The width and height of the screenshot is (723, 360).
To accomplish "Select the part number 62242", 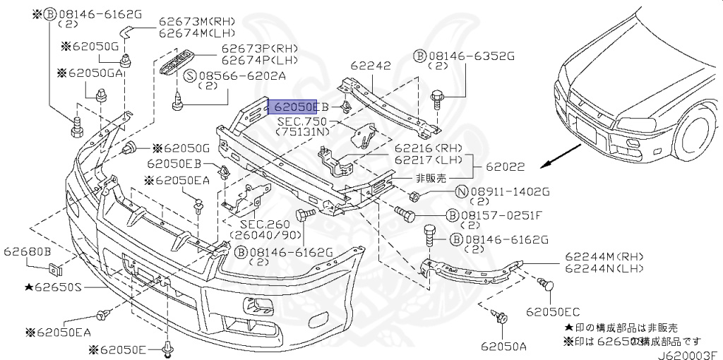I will pyautogui.click(x=371, y=66).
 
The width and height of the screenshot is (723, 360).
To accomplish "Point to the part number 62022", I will pyautogui.click(x=504, y=167).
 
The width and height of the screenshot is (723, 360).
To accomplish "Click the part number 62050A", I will pyautogui.click(x=504, y=346).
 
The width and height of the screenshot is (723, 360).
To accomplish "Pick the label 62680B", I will pyautogui.click(x=28, y=251).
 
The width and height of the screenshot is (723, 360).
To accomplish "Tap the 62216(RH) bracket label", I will pyautogui.click(x=430, y=150).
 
